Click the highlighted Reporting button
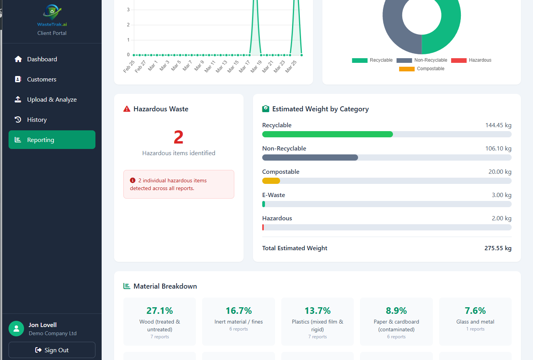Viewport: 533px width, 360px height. tap(52, 140)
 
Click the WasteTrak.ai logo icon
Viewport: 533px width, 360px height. tap(52, 12)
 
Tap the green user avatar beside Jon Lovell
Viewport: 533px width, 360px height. tap(16, 329)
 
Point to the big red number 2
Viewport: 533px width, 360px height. tap(178, 137)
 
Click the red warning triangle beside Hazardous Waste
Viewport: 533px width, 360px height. tap(127, 109)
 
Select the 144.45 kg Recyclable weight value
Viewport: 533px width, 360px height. tap(498, 125)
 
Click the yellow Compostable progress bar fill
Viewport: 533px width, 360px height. tap(271, 181)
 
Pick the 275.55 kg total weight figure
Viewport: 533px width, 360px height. tap(498, 248)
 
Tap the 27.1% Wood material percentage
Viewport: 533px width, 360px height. tap(160, 310)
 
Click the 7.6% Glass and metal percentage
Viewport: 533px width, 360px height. tap(475, 310)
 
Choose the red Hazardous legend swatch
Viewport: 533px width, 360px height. tap(459, 61)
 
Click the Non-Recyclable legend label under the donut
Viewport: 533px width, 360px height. tap(431, 60)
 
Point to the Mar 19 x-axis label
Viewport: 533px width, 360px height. tap(256, 66)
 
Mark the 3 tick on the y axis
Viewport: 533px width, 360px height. tap(128, 10)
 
